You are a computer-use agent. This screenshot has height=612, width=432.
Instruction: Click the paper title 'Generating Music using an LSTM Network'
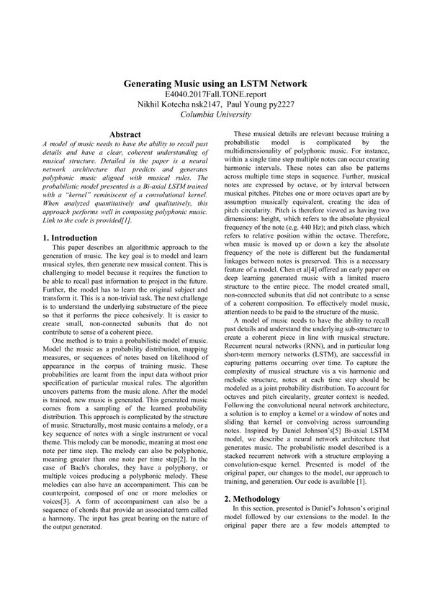pos(215,84)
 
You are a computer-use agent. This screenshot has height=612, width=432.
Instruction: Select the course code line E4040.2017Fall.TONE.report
pos(215,94)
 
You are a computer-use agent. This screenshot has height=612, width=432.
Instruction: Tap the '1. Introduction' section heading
pos(70,238)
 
